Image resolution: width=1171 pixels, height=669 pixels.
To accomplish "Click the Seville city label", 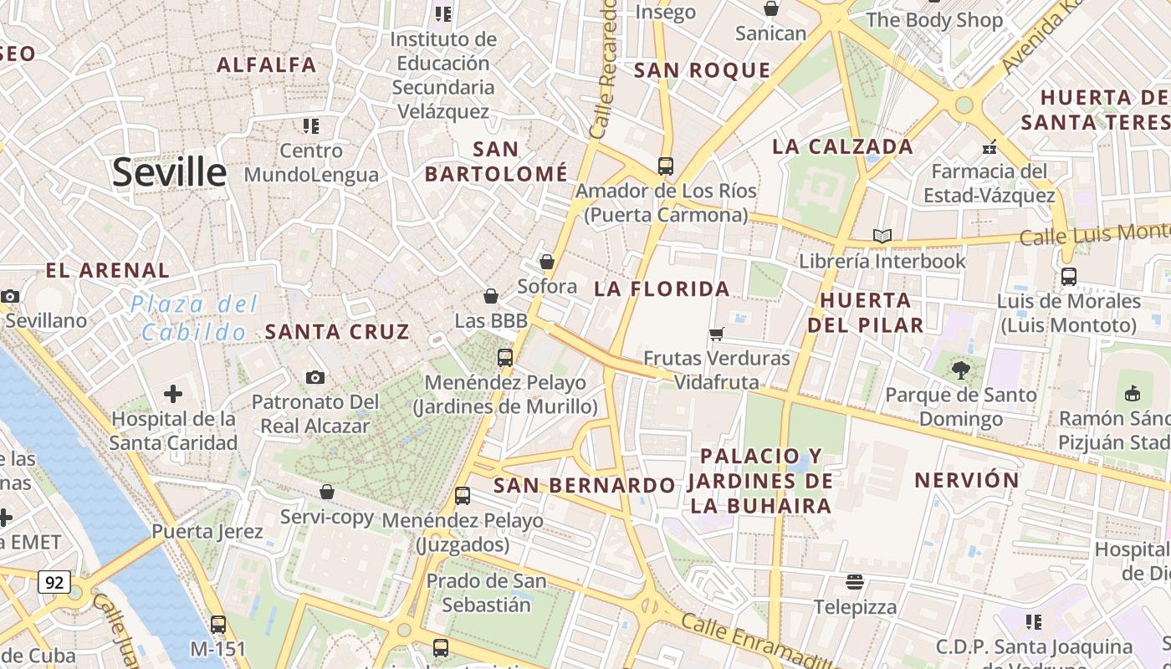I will click(x=169, y=173).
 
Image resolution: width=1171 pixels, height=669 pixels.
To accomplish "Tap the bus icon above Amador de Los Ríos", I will click(x=666, y=166).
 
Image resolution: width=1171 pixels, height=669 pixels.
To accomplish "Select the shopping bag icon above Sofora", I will click(x=547, y=262).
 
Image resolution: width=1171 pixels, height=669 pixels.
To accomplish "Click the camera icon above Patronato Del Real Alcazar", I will click(x=315, y=377).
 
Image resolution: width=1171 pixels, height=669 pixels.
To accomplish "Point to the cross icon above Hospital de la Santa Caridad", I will click(x=173, y=393).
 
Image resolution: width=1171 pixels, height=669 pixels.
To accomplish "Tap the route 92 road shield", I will click(x=54, y=582).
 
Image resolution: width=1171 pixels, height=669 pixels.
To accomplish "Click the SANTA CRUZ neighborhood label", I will click(x=337, y=331).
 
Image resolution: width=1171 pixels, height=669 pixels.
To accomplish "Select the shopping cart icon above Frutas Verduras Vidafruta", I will click(x=716, y=334).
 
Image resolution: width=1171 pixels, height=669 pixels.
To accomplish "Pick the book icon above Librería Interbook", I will click(x=882, y=236).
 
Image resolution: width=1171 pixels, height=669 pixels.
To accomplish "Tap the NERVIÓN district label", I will click(x=967, y=480).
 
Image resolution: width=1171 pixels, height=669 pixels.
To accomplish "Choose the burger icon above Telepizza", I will click(x=855, y=581).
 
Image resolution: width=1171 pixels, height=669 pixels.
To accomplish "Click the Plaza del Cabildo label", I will click(x=194, y=318).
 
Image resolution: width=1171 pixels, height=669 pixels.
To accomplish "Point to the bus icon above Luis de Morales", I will click(x=1068, y=276).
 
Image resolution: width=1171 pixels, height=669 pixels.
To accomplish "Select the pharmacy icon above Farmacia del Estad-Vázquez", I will click(x=989, y=147).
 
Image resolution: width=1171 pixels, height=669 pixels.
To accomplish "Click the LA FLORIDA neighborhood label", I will click(x=662, y=289).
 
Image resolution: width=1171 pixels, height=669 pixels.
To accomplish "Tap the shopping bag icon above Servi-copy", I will click(x=327, y=492).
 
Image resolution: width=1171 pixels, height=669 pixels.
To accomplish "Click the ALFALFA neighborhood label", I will click(x=267, y=64).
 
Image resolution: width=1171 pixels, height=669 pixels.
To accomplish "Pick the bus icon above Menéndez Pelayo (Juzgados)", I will click(x=463, y=495).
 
